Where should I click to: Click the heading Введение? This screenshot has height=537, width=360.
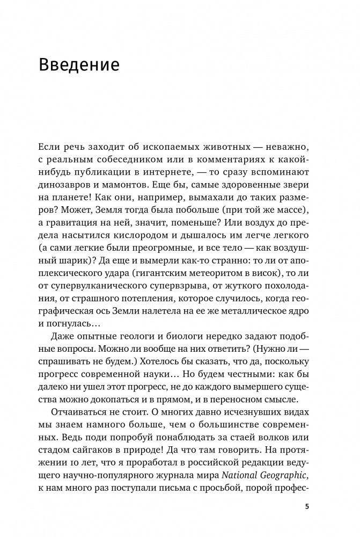point(78,66)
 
